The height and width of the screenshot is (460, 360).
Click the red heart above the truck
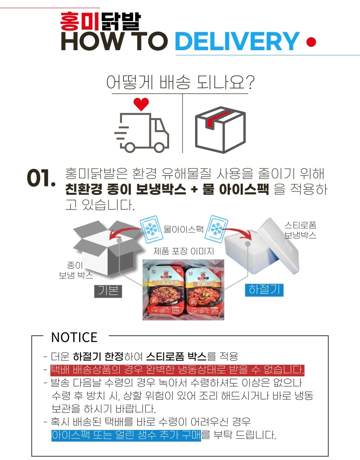coord(141,103)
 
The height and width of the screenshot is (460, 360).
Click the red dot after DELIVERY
coord(311,42)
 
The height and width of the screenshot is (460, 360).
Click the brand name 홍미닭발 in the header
coord(100,20)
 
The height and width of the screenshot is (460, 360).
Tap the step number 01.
coord(41,179)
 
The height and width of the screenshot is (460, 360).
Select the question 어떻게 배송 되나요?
coord(180,82)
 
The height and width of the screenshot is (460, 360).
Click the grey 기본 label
coord(108,290)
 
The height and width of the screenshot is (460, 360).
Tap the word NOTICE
coord(74,337)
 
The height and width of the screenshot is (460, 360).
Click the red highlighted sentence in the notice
coord(177,370)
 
